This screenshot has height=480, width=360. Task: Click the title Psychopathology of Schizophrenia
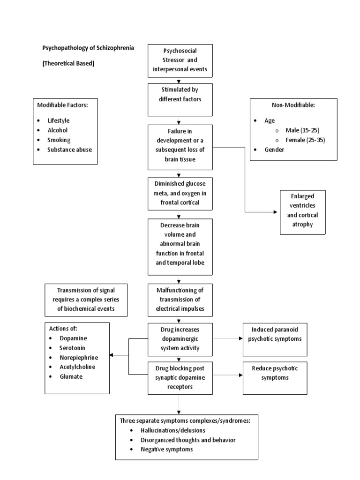pyautogui.click(x=88, y=48)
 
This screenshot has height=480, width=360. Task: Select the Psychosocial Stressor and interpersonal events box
pyautogui.click(x=180, y=61)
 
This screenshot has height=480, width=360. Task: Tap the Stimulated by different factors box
pyautogui.click(x=180, y=99)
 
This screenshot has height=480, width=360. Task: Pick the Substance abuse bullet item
pyautogui.click(x=69, y=150)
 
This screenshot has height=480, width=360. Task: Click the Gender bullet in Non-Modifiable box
pyautogui.click(x=274, y=150)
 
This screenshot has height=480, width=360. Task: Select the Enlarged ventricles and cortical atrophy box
pyautogui.click(x=302, y=212)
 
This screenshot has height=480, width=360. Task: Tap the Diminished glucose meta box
pyautogui.click(x=180, y=193)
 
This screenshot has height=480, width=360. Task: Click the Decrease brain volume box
pyautogui.click(x=180, y=247)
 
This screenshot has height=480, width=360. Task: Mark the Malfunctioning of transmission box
pyautogui.click(x=180, y=300)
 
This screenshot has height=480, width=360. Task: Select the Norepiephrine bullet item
pyautogui.click(x=78, y=357)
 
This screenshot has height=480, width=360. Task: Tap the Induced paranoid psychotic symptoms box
pyautogui.click(x=275, y=339)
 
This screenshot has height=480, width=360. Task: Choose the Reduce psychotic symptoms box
pyautogui.click(x=275, y=377)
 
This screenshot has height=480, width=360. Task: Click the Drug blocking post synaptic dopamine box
pyautogui.click(x=180, y=378)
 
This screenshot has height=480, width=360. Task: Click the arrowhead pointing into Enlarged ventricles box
pyautogui.click(x=275, y=212)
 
